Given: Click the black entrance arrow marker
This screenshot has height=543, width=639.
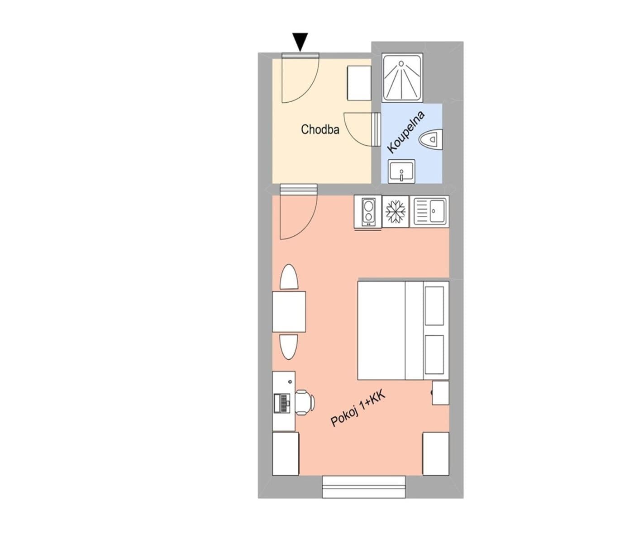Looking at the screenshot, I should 300,41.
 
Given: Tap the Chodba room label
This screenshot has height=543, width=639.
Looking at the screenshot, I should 320,129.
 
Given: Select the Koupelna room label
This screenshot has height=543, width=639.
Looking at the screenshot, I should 406,132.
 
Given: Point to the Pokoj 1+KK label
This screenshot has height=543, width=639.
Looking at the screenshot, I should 358,410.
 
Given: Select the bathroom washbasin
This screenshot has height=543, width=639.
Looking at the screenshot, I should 402,171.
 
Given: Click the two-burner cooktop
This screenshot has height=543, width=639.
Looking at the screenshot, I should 368,211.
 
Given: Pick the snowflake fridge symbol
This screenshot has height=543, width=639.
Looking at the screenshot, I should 396,211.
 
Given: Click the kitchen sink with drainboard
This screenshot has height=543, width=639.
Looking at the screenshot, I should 429,211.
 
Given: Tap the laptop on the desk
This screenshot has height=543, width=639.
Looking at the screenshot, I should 282,403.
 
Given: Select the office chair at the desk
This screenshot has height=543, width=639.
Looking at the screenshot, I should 305,402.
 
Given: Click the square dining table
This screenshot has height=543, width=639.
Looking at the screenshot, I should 289,312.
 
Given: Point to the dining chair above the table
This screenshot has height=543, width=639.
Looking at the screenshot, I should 289,277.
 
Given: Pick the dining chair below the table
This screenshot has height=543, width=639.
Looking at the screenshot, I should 289,347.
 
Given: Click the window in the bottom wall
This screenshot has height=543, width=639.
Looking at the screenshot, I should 363,486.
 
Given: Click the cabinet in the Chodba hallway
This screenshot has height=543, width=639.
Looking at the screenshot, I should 359,83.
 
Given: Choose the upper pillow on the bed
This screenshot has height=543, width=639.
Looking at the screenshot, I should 434,305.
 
